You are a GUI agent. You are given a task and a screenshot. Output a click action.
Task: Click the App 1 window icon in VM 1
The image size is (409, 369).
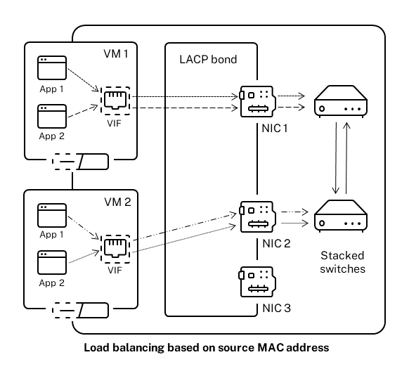click(51, 70)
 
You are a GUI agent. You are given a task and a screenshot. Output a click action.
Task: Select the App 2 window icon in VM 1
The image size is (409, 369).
click(51, 117)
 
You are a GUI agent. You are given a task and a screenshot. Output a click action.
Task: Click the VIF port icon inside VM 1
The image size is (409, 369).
click(113, 101)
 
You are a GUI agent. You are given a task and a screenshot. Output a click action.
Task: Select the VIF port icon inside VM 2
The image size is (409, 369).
click(113, 247)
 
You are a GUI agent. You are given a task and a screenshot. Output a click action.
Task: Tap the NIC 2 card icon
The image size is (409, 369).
click(257, 216)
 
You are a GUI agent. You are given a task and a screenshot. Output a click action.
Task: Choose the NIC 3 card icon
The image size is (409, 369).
click(257, 281)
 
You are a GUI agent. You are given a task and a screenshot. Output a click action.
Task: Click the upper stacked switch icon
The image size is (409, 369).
click(339, 101)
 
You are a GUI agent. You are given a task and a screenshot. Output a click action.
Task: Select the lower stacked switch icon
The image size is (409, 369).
click(339, 216)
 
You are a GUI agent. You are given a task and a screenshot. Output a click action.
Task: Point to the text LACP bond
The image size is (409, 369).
click(208, 60)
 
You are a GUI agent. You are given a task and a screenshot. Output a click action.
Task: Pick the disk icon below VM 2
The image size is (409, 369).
click(81, 310)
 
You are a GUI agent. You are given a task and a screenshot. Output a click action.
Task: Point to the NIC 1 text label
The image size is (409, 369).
click(272, 128)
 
